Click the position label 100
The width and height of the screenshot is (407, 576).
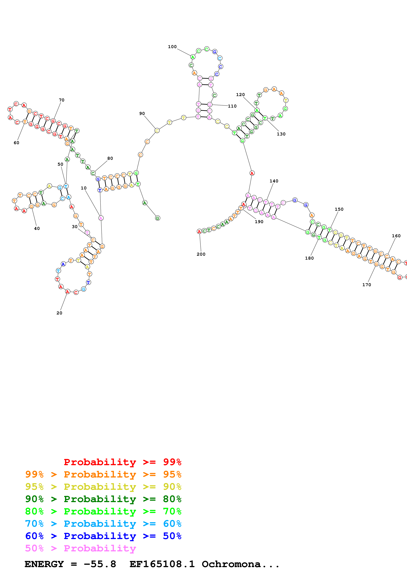[172, 47]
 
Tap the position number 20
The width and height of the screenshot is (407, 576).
[59, 313]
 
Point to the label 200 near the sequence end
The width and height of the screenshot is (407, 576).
[201, 254]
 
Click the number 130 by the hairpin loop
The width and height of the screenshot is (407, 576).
[281, 134]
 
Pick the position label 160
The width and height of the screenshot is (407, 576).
[396, 236]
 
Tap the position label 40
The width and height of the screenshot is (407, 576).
[37, 228]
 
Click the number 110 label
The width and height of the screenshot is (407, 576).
[232, 106]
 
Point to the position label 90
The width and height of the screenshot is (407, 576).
[142, 113]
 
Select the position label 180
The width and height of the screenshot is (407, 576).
[309, 258]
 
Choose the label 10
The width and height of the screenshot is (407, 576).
[84, 188]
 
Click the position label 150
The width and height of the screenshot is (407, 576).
[339, 209]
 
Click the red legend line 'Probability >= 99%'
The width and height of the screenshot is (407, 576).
[122, 462]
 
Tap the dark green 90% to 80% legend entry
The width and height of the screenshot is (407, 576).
[103, 499]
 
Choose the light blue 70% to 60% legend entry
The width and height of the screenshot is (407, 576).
[103, 524]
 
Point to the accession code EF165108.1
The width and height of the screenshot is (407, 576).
[162, 564]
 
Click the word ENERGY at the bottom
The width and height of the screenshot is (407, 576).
[44, 564]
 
